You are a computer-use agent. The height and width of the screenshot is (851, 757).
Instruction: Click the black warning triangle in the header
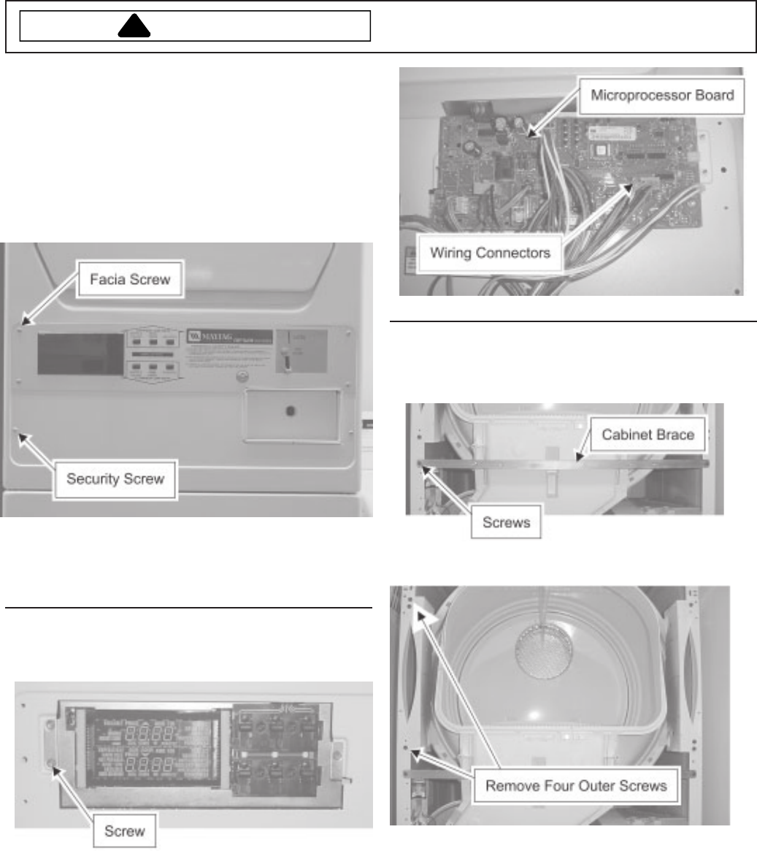point(133,26)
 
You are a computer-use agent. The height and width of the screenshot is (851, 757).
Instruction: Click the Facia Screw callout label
point(131,278)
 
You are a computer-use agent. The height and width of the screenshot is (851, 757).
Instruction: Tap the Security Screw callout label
point(115,479)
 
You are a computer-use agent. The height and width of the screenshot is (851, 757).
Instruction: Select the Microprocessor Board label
point(661,96)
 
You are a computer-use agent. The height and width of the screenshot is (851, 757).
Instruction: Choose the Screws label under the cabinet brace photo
point(506,524)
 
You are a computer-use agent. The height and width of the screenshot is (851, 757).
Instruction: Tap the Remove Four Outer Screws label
point(576,786)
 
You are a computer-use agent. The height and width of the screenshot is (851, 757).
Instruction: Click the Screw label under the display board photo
point(124,831)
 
